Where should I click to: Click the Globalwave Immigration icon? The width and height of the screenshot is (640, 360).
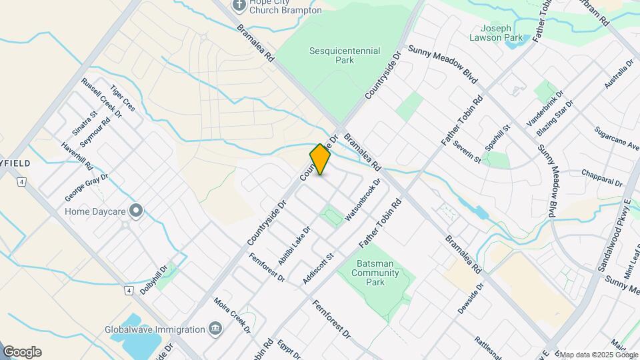215,329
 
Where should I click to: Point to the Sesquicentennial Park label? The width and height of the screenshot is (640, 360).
345,55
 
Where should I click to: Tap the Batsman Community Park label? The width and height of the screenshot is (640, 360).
375,273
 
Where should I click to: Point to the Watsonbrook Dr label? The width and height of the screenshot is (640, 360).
363,200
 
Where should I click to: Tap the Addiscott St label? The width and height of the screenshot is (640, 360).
318,268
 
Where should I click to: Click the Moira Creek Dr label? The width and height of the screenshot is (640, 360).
232,316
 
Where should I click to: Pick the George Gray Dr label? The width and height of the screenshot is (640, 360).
86,187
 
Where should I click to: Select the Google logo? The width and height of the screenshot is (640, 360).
22,352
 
